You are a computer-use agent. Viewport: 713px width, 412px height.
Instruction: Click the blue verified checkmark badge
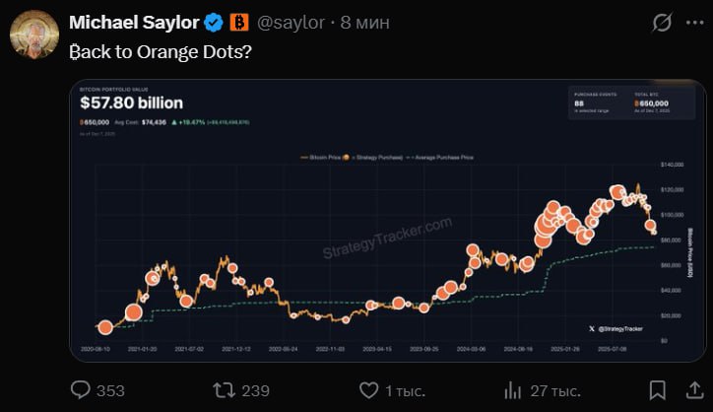(x=213, y=22)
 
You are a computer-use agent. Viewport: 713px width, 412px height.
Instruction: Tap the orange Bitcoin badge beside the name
(x=238, y=22)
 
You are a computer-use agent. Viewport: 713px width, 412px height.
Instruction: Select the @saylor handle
(x=291, y=22)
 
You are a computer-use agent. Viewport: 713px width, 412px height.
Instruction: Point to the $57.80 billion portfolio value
(x=132, y=102)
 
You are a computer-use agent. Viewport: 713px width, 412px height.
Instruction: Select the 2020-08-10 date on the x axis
(x=96, y=349)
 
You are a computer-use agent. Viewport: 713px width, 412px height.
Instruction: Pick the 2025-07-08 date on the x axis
(x=611, y=349)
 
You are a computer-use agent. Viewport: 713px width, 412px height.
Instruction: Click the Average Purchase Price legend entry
(x=446, y=158)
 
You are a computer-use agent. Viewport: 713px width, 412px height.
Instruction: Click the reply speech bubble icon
(x=82, y=390)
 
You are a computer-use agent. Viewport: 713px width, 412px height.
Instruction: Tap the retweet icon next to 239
(x=224, y=390)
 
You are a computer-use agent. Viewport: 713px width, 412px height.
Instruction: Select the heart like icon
(x=369, y=390)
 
